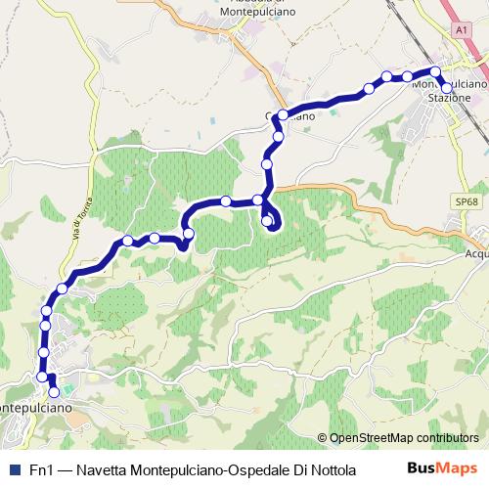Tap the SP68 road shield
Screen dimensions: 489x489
point(466,201)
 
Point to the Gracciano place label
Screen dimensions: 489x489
point(291,116)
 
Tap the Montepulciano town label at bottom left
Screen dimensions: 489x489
point(32,405)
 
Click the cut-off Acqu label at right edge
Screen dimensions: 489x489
point(476,253)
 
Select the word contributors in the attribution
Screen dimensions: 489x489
point(449,438)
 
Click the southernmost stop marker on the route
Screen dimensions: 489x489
point(54,392)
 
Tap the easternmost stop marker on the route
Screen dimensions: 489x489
point(447,88)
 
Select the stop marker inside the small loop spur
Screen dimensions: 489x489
point(267,221)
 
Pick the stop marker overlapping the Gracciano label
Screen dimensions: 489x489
point(283,115)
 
